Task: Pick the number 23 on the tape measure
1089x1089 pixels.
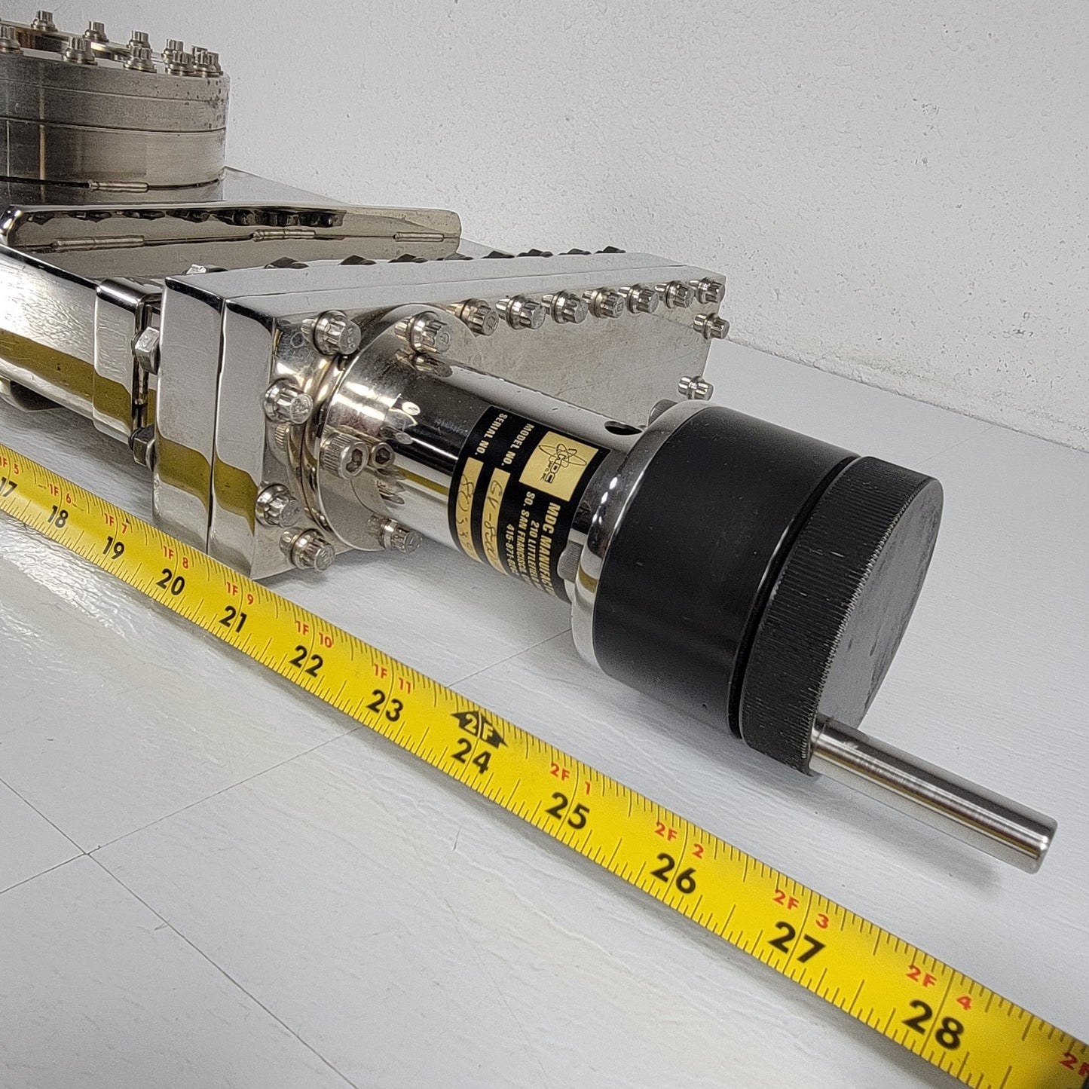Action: coord(385,707)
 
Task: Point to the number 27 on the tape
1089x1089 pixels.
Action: coord(795,944)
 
